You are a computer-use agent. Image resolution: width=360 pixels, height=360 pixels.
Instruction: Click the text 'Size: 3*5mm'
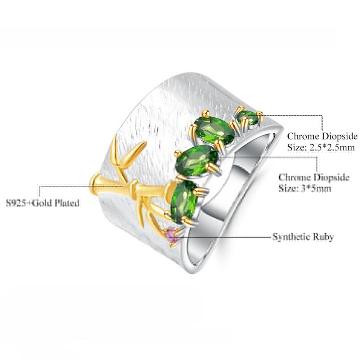coord(305,188)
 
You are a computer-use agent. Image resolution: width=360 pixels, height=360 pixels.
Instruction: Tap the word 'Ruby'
coord(325,237)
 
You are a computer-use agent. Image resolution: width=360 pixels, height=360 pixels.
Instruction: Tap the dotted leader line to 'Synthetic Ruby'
coord(223,237)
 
